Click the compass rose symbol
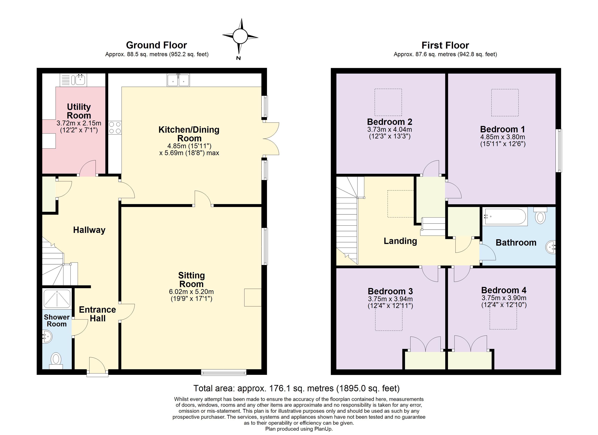tap(240, 36)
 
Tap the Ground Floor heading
tap(156, 45)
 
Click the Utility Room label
tap(79, 111)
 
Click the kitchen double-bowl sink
tap(178, 80)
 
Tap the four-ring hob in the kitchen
tap(115, 127)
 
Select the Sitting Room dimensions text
tap(191, 295)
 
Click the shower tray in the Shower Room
tap(57, 299)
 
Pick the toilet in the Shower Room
tap(56, 360)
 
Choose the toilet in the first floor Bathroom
tap(540, 216)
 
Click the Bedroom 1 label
tap(502, 129)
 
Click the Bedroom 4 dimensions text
tap(504, 301)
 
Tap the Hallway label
tap(89, 230)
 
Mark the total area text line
tap(296, 388)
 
